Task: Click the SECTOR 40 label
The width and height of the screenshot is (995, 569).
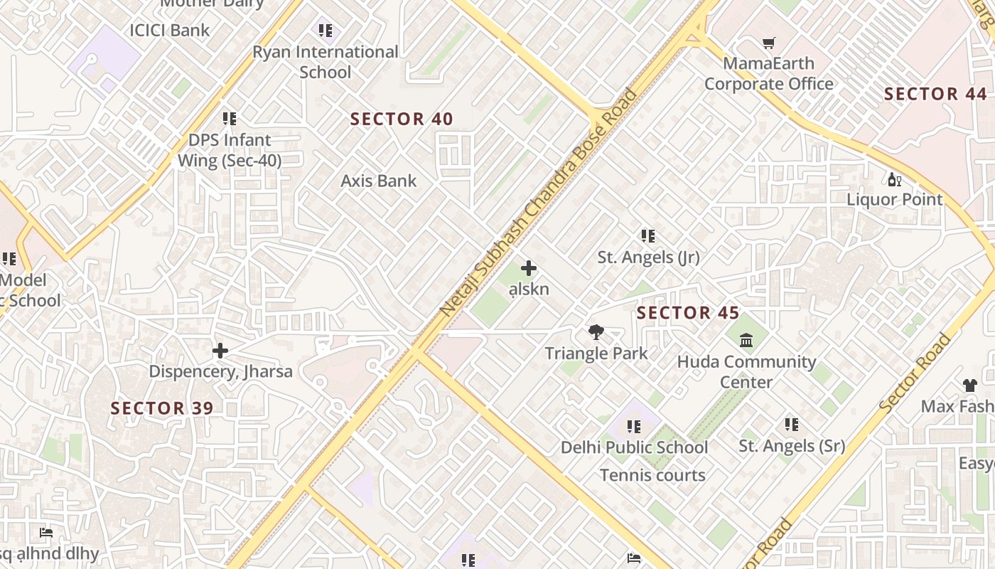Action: (402, 119)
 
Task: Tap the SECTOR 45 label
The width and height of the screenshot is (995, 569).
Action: (687, 313)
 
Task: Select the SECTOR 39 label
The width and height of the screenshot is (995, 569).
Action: (162, 408)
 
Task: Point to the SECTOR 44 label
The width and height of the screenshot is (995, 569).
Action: (935, 94)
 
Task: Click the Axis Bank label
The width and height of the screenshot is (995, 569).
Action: (379, 181)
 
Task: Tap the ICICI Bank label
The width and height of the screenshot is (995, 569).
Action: (169, 30)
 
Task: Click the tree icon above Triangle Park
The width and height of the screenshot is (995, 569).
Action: (596, 331)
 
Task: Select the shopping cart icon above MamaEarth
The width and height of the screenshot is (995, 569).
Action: (768, 43)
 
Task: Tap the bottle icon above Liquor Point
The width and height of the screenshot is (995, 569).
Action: (894, 179)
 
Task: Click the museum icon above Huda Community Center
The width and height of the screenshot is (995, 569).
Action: (746, 341)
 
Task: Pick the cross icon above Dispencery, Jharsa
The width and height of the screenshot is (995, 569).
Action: (220, 350)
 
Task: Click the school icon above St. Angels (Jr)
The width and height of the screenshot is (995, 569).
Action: (647, 235)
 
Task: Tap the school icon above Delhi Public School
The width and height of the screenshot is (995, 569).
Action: (633, 426)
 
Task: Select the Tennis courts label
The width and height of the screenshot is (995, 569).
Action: (652, 475)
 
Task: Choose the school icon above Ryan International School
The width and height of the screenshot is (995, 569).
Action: (325, 30)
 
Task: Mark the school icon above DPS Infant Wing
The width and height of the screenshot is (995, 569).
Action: (229, 118)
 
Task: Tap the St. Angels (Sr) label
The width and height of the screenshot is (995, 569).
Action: (792, 446)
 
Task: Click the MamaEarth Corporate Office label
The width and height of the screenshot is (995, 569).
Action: (768, 73)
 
